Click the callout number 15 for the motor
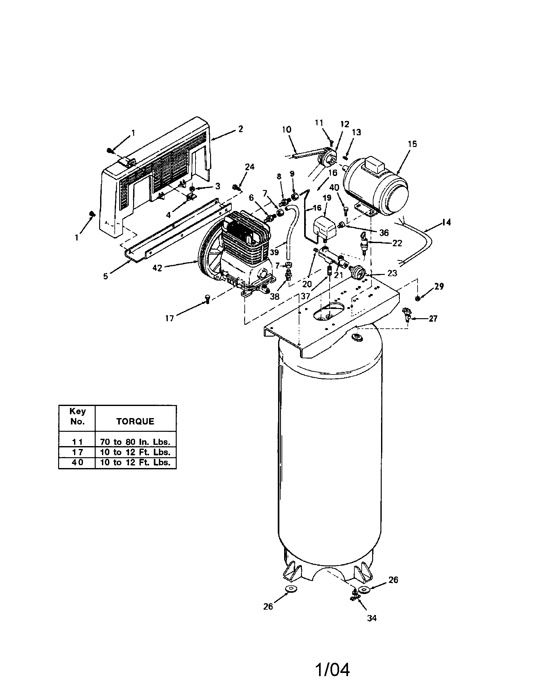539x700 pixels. (412, 144)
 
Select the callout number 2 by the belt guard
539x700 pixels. (241, 129)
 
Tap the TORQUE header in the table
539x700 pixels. (135, 421)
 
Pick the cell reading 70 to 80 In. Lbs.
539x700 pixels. (135, 442)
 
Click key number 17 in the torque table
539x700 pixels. (77, 452)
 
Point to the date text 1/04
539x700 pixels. (333, 670)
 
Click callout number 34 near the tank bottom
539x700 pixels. (372, 618)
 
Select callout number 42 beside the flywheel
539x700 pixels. (157, 268)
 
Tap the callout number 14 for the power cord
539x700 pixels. (446, 222)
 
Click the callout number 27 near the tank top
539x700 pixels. (433, 318)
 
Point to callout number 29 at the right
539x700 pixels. (439, 286)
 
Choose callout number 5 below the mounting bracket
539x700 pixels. (106, 276)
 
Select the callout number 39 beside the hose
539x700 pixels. (274, 252)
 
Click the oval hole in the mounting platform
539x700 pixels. (329, 311)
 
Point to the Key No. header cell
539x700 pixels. (77, 416)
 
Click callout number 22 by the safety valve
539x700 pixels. (397, 243)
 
